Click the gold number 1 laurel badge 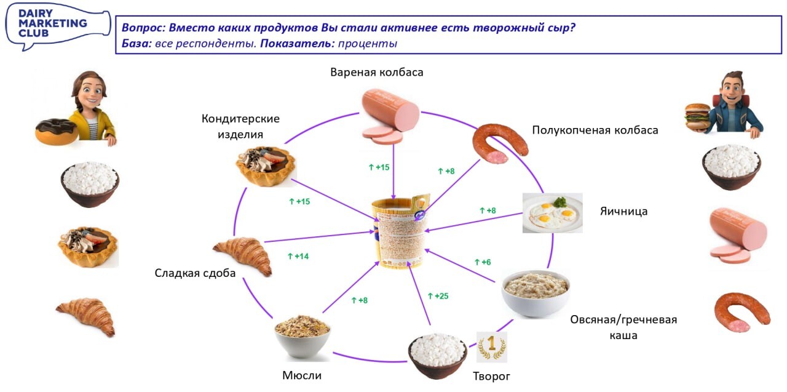pyautogui.click(x=492, y=347)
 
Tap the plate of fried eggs pyautogui.click(x=552, y=213)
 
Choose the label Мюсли pyautogui.click(x=302, y=375)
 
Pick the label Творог pyautogui.click(x=491, y=376)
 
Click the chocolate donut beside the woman pyautogui.click(x=56, y=130)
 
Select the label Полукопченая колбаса pyautogui.click(x=595, y=130)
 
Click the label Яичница pyautogui.click(x=623, y=212)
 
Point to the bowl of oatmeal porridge pyautogui.click(x=535, y=293)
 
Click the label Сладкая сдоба pyautogui.click(x=195, y=273)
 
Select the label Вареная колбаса pyautogui.click(x=376, y=72)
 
